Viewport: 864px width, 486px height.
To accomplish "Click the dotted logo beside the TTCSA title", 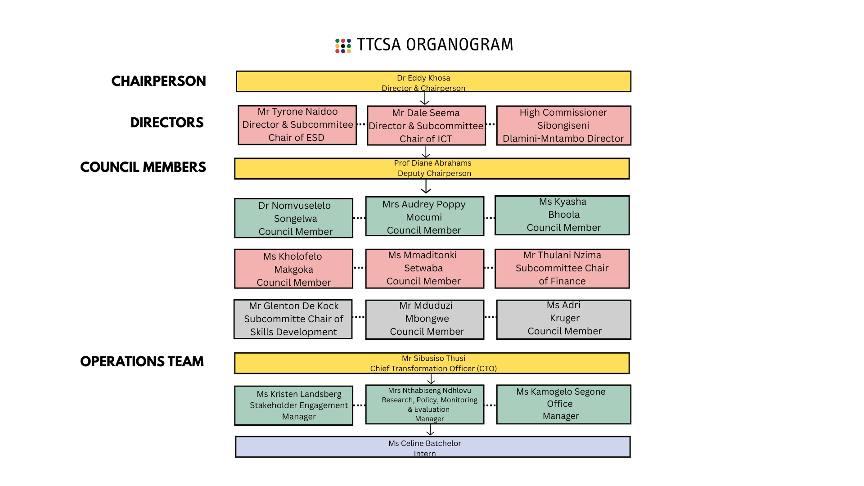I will [343, 45].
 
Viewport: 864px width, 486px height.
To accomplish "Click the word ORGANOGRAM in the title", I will [459, 45].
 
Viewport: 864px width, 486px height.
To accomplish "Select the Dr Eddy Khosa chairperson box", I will [433, 81].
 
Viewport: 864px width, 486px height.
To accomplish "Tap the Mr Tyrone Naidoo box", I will [297, 125].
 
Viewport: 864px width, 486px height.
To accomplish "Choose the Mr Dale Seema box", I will [426, 126].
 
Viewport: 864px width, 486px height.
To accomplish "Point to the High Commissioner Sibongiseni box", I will [563, 126].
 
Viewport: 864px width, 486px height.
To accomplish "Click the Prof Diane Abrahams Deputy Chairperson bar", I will [432, 168].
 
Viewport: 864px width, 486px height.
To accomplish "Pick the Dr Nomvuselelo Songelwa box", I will [293, 218].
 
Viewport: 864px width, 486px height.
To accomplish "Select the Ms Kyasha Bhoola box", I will [562, 215].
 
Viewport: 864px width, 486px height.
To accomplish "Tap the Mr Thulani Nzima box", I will [562, 268].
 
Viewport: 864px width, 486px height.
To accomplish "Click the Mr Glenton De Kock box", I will [293, 319].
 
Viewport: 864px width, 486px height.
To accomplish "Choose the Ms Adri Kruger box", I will [563, 319].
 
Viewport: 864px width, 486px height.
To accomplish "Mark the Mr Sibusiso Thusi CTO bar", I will [432, 363].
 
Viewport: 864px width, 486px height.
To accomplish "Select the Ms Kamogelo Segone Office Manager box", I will [563, 404].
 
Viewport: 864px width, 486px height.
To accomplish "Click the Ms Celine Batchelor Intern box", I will [432, 447].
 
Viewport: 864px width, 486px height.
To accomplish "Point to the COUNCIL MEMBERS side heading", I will [143, 167].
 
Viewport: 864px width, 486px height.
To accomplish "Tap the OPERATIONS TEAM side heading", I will [142, 361].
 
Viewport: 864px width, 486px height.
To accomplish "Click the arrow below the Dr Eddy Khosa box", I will [424, 99].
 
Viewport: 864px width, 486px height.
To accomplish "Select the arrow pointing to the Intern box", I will [430, 430].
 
